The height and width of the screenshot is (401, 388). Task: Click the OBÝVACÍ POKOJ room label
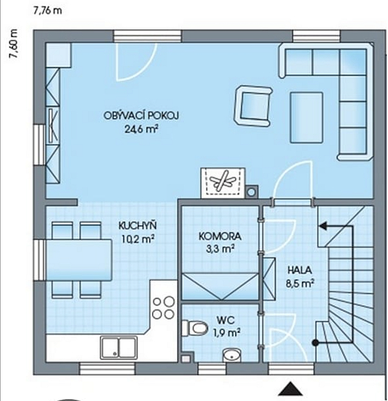(x=141, y=116)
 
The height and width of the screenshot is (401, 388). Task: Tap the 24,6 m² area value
(x=141, y=129)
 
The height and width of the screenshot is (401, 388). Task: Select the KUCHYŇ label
(x=138, y=226)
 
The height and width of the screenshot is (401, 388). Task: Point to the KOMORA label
(x=220, y=236)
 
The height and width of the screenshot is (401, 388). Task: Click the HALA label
(x=300, y=270)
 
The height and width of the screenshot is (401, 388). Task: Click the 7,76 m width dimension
(x=48, y=11)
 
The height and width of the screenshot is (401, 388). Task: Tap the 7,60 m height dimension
(x=14, y=44)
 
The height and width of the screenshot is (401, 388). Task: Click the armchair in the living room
(x=253, y=105)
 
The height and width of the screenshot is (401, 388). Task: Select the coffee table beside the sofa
(x=307, y=117)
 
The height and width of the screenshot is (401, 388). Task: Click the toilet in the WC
(x=195, y=328)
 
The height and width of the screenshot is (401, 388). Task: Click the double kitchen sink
(x=119, y=347)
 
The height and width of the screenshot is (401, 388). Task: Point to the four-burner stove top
(x=164, y=308)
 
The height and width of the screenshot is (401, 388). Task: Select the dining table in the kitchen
(x=79, y=260)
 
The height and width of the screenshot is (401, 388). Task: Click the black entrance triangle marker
(x=290, y=389)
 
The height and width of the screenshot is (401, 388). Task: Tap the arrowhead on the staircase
(x=323, y=226)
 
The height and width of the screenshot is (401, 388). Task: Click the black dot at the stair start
(x=316, y=343)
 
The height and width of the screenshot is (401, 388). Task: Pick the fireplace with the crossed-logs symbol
(x=223, y=183)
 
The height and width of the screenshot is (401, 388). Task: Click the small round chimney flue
(x=252, y=191)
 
